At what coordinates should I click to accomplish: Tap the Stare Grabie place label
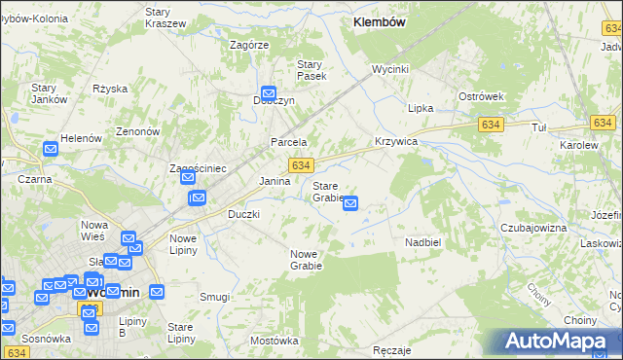click(327, 192)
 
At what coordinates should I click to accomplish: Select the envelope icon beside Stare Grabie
click(350, 203)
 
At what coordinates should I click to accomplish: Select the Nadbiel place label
click(423, 241)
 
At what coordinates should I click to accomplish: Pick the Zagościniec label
click(198, 168)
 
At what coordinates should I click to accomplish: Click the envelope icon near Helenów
click(51, 150)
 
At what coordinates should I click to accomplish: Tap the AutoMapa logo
click(559, 342)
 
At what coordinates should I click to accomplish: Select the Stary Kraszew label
click(165, 17)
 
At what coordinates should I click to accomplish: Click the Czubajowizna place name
click(533, 227)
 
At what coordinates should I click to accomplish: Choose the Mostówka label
click(274, 341)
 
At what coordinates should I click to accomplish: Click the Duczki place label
click(243, 214)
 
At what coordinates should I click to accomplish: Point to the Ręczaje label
click(392, 349)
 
